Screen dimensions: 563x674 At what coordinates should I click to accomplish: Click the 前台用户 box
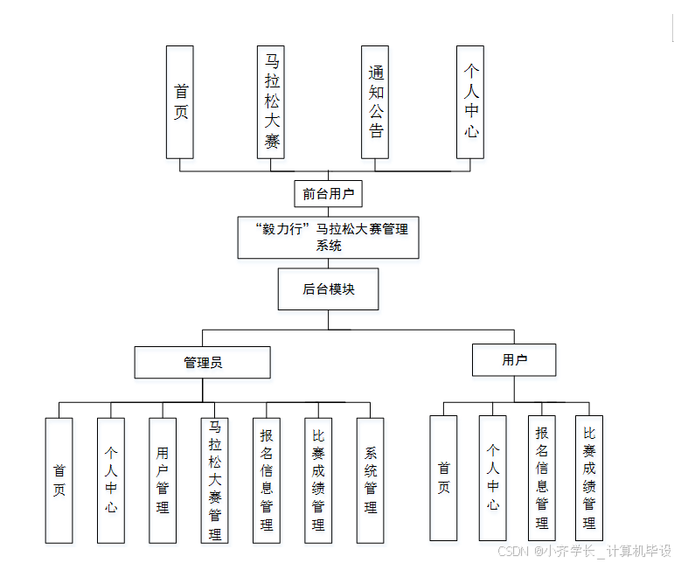point(328,194)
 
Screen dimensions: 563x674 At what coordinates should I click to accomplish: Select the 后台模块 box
point(328,289)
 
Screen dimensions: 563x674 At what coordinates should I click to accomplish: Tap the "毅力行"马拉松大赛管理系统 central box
point(328,237)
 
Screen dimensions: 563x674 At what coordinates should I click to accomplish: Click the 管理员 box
point(202,362)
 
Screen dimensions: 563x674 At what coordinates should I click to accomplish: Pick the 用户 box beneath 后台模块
point(514,359)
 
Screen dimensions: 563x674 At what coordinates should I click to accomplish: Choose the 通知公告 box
point(375,101)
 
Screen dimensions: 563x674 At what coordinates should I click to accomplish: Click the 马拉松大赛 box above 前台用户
point(271,101)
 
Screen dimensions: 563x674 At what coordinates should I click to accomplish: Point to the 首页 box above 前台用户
point(180,101)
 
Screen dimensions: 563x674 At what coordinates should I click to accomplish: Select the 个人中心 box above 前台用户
point(470,101)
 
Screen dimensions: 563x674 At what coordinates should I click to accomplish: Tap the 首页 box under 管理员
point(59,480)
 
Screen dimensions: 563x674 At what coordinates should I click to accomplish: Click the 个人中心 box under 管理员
point(110,480)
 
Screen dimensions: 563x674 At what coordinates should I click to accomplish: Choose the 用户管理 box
point(162,480)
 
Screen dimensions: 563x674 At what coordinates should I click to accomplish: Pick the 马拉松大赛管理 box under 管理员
point(214,480)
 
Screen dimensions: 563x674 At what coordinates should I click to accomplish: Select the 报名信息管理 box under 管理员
point(266,480)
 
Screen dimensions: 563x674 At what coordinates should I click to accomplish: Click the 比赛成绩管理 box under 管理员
point(317,480)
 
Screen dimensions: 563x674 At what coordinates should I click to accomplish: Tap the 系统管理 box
point(370,480)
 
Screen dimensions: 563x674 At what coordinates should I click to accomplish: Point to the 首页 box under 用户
point(443,477)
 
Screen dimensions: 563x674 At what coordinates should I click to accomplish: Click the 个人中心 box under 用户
point(492,477)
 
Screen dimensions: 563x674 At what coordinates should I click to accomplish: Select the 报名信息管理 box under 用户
point(541,477)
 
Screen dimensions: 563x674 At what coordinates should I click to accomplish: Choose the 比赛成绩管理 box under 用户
point(588,477)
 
